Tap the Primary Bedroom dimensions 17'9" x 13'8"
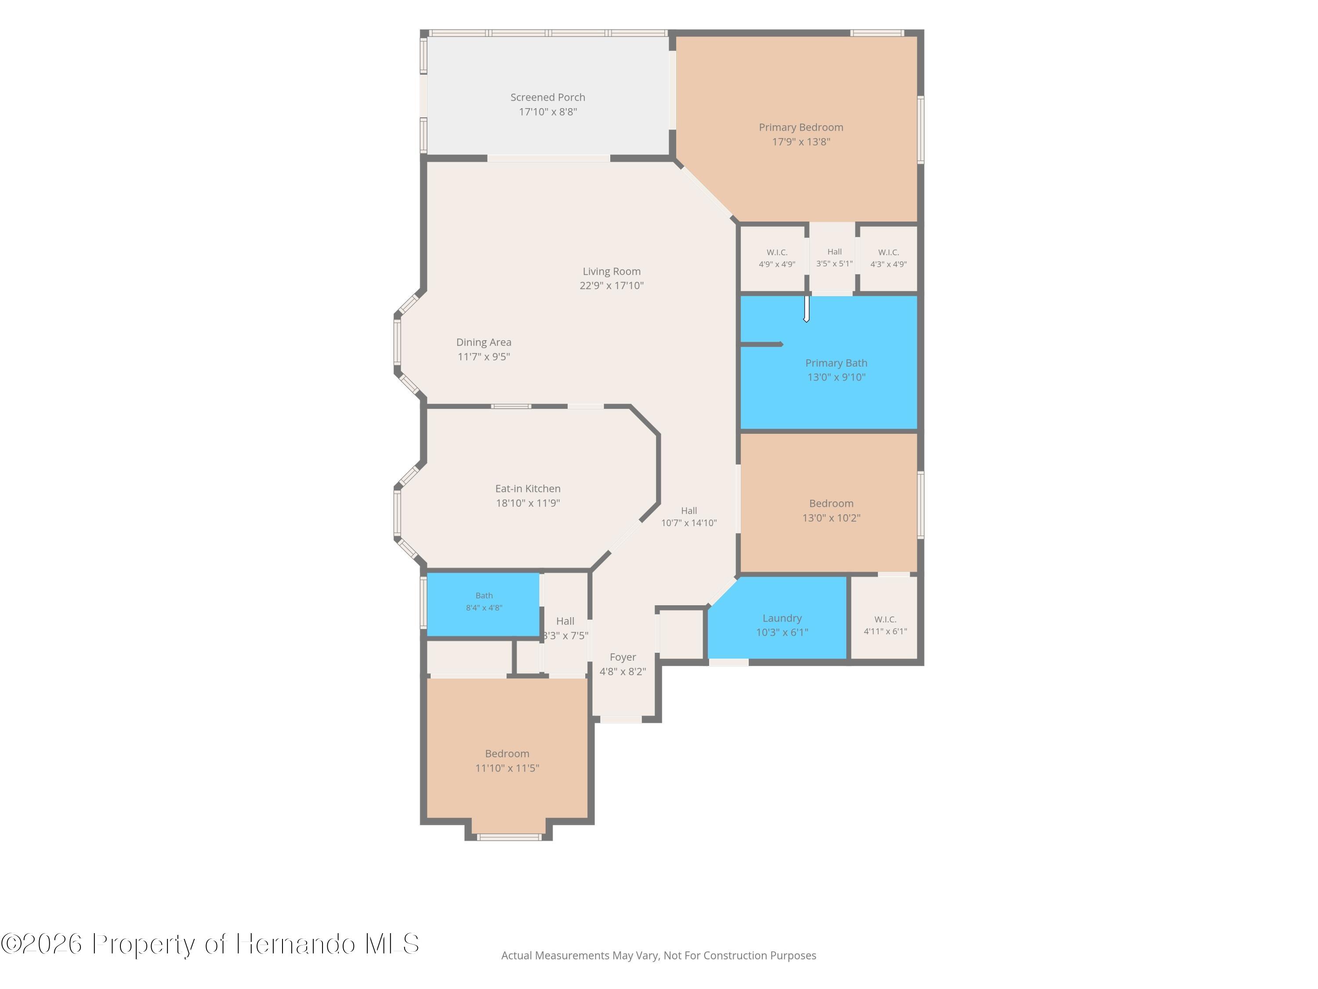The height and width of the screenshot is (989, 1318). pyautogui.click(x=801, y=142)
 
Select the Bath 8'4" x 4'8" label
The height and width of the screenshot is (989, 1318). pyautogui.click(x=484, y=601)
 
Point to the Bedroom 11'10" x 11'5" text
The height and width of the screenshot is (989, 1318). pyautogui.click(x=507, y=761)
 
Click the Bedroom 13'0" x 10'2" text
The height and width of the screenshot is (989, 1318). pyautogui.click(x=831, y=510)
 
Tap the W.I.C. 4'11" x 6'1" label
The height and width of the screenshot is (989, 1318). pyautogui.click(x=885, y=625)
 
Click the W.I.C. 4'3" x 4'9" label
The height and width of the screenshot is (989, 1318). pyautogui.click(x=888, y=258)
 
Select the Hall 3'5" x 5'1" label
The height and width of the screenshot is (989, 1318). pyautogui.click(x=834, y=258)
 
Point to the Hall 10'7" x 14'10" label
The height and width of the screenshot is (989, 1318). pyautogui.click(x=689, y=517)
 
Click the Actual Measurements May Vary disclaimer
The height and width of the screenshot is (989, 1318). pyautogui.click(x=659, y=956)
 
